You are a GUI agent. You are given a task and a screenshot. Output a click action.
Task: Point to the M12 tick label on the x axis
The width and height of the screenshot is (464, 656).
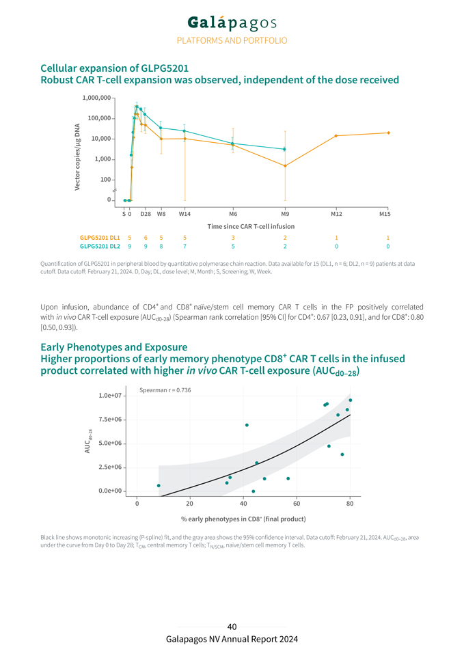[x=336, y=213]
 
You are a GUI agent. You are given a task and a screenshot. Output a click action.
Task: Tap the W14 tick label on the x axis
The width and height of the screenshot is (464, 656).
[x=185, y=213]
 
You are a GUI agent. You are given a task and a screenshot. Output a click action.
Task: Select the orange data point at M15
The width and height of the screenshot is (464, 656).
[x=388, y=133]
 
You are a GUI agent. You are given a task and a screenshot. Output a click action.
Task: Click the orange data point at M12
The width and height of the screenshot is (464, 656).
[x=336, y=136]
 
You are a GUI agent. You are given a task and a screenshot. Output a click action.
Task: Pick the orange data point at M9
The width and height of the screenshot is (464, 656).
[x=285, y=166]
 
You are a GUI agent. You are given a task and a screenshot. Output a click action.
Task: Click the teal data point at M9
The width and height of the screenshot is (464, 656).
[x=285, y=149]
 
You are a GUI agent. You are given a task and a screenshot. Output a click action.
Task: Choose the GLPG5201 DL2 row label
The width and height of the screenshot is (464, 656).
[x=100, y=246]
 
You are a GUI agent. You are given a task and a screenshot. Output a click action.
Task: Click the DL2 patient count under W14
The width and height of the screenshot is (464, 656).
[x=185, y=246]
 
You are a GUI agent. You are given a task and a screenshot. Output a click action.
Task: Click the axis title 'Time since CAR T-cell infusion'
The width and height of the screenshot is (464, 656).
[x=251, y=225]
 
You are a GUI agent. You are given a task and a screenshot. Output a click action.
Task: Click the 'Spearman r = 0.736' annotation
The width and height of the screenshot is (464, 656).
[x=165, y=390]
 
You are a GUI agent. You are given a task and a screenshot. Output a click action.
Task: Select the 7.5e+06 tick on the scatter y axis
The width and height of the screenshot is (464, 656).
[x=111, y=420]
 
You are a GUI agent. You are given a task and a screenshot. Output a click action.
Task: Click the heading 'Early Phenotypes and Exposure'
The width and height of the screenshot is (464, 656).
[x=114, y=347]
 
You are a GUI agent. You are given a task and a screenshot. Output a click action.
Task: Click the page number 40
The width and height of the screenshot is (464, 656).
[x=232, y=627]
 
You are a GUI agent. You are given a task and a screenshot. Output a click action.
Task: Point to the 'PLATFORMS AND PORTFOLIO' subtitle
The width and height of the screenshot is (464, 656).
[x=232, y=40]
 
